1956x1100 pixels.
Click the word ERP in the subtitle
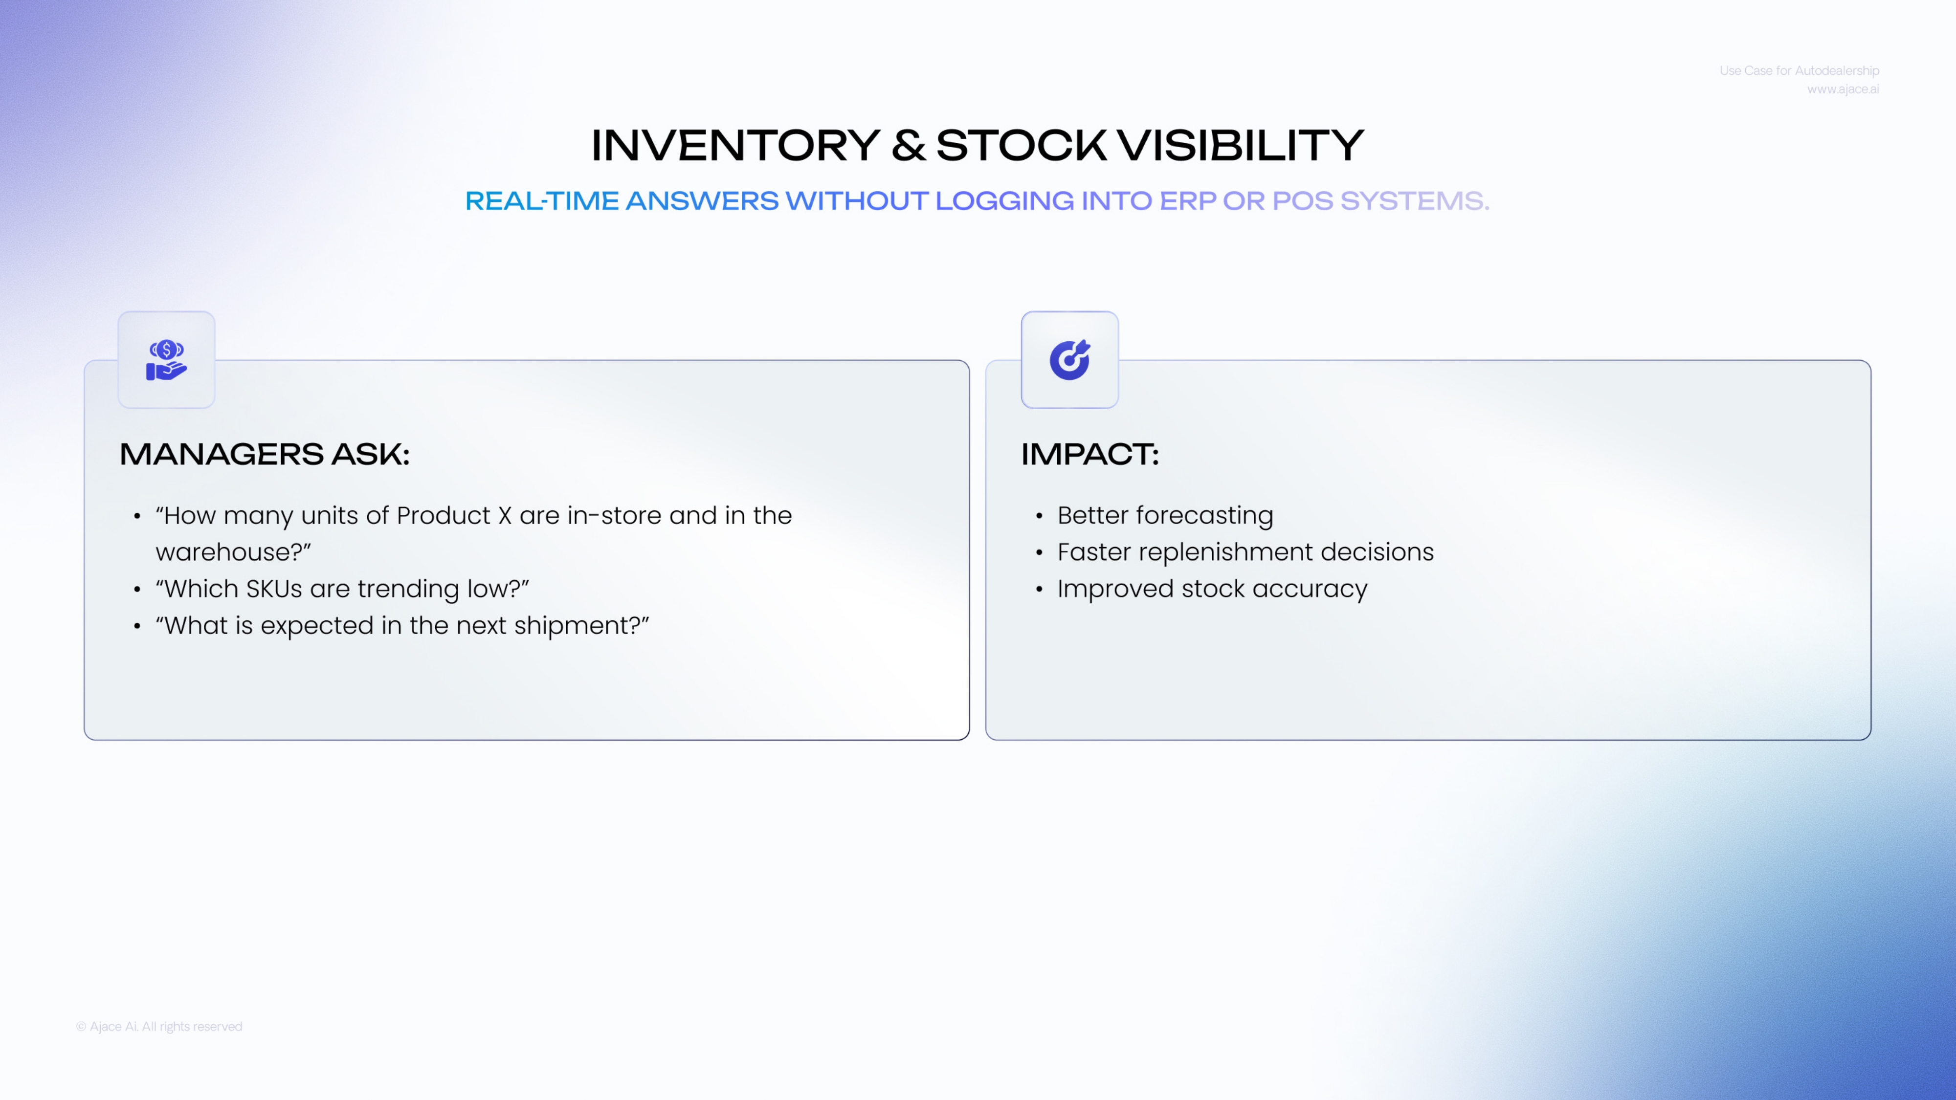tap(1188, 200)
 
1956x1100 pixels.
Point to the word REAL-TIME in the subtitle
tap(542, 200)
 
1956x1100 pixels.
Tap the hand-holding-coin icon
tap(166, 360)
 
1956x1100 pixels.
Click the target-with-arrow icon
tap(1070, 360)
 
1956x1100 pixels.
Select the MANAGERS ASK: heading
tap(264, 454)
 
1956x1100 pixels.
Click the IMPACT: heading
tap(1089, 454)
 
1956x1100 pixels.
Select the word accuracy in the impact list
tap(1310, 589)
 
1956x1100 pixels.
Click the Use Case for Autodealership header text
tap(1799, 70)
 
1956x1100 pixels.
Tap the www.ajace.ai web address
tap(1843, 89)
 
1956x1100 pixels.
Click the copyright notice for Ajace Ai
tap(159, 1026)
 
